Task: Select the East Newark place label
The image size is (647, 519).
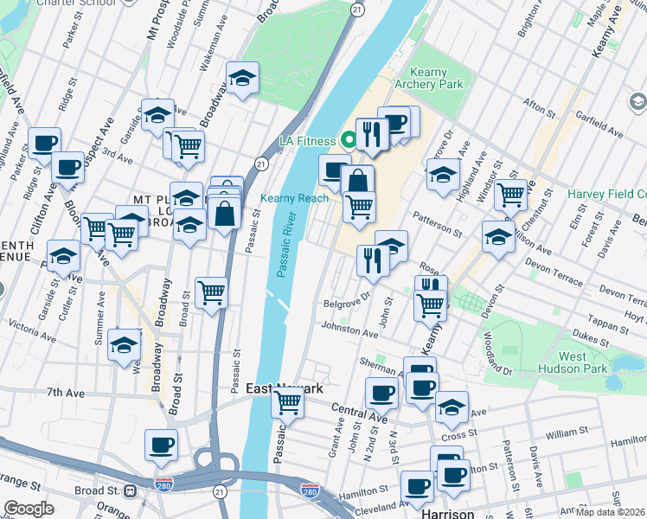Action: pos(285,389)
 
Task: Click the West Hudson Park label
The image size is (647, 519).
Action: pos(584,362)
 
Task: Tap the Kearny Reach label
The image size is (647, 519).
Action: pos(295,198)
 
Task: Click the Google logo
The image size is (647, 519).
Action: pos(29,509)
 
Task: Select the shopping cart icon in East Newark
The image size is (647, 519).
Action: pos(287,401)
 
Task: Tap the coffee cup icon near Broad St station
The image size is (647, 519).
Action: pos(161,445)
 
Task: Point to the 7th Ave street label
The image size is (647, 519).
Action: pos(66,393)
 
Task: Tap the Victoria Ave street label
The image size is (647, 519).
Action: pos(33,327)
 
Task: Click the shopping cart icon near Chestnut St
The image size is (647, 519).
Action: pos(510,195)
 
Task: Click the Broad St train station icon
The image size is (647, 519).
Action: pos(131,490)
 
